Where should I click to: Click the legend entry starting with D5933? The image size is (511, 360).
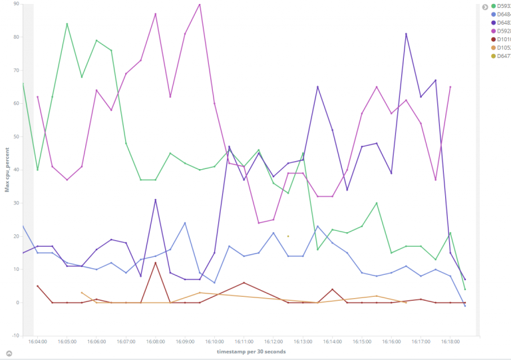(x=501, y=6)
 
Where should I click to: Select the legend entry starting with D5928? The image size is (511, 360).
(x=501, y=31)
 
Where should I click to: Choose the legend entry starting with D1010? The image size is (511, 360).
(x=501, y=39)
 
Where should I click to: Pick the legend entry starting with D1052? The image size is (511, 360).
(x=501, y=47)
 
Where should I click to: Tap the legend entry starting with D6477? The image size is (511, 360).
(x=501, y=56)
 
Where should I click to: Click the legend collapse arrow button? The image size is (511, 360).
(x=485, y=7)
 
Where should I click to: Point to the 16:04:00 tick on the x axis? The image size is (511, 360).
(x=38, y=341)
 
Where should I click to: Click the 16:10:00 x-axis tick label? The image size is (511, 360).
(x=214, y=341)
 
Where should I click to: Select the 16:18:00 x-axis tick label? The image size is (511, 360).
(x=450, y=341)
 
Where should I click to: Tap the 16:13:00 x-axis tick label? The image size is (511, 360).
(x=303, y=341)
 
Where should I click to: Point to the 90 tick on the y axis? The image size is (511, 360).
(x=15, y=3)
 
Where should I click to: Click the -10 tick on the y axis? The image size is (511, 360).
(x=15, y=335)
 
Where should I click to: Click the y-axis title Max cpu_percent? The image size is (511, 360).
(x=7, y=170)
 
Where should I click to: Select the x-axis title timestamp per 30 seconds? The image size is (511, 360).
(x=251, y=351)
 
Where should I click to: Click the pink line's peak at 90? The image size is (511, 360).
(x=200, y=4)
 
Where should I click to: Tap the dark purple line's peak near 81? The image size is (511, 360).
(x=406, y=34)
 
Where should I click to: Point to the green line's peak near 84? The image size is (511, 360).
(x=67, y=24)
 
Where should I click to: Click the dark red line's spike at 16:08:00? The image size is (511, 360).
(x=155, y=263)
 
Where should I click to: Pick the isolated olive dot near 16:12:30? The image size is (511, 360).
(x=288, y=236)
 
